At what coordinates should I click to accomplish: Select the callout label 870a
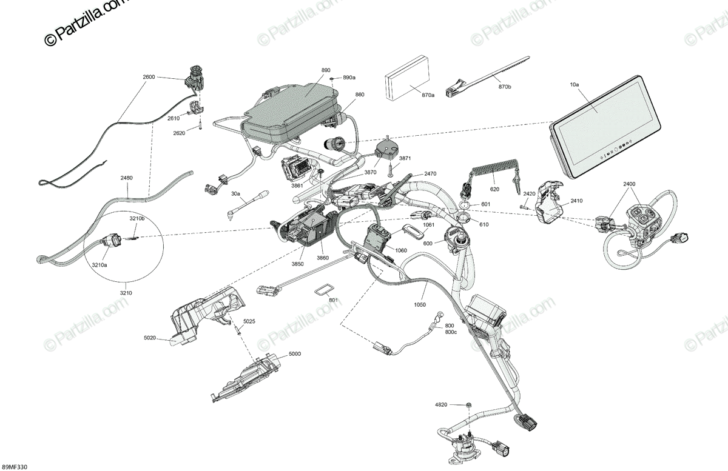coord(428,95)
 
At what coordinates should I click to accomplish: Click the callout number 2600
coord(149,77)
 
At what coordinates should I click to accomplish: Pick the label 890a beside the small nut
coord(349,78)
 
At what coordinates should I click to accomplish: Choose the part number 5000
coord(294,353)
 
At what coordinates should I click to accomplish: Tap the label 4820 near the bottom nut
coord(441,404)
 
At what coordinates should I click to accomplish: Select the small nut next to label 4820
coord(470,404)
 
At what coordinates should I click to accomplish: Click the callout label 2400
coord(629,184)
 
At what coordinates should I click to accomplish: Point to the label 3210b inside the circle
coord(136,219)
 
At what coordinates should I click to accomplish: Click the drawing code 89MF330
coord(15,466)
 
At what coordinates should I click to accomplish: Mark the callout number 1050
coord(420,305)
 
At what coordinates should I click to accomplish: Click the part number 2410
coord(576,201)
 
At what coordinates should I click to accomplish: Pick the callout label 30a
coord(235,195)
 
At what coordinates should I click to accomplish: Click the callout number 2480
coord(127,178)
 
